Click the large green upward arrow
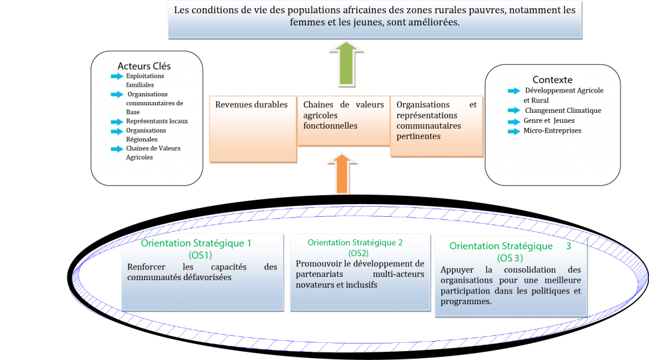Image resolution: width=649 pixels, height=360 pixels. (347, 64)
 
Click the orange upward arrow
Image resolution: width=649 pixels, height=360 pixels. (342, 174)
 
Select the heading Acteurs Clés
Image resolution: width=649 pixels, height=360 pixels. (144, 66)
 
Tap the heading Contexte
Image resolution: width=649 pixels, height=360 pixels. (552, 79)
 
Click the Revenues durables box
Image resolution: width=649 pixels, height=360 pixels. (253, 129)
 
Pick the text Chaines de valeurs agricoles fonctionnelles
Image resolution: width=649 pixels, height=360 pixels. (344, 115)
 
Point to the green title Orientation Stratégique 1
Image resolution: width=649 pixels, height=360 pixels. (196, 243)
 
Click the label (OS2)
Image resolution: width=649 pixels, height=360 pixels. (359, 254)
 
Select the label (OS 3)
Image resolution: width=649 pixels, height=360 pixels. (510, 258)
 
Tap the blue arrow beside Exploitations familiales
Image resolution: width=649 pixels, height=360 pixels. (117, 76)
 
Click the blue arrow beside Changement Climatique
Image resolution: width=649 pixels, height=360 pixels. (514, 110)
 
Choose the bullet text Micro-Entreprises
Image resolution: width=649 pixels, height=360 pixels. (552, 131)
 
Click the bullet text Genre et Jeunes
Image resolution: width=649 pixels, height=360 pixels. (549, 121)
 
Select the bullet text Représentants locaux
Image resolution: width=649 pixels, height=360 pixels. (157, 121)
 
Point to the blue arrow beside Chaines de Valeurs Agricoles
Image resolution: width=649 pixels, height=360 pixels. (117, 149)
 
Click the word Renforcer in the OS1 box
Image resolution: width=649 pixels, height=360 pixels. (146, 267)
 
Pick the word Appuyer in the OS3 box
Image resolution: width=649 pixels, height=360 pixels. (457, 270)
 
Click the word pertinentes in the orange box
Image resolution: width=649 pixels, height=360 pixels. (418, 136)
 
